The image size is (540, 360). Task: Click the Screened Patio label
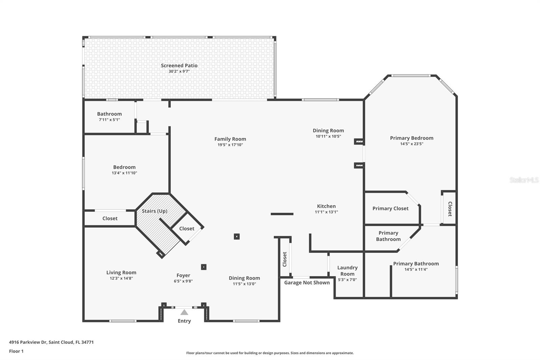click(x=179, y=66)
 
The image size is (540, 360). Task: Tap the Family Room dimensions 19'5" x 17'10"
click(x=230, y=145)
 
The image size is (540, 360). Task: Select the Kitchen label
click(x=326, y=206)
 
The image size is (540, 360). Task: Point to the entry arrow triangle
click(x=184, y=312)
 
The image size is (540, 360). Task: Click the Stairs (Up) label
click(x=154, y=211)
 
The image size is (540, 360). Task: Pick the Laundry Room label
click(x=347, y=271)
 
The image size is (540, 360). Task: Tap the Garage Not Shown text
click(x=307, y=283)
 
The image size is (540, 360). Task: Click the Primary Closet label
click(x=390, y=208)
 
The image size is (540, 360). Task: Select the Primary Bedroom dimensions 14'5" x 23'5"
click(x=411, y=144)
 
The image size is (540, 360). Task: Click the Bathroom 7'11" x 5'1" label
click(x=109, y=114)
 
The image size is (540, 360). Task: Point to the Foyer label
click(x=183, y=275)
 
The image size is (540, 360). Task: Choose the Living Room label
click(x=121, y=273)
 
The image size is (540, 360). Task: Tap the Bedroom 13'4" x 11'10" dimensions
click(x=124, y=173)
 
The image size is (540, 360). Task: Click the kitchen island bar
click(x=282, y=214)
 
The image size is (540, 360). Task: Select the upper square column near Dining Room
click(x=237, y=237)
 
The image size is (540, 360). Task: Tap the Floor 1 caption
click(x=16, y=351)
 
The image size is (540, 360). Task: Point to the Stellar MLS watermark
click(x=524, y=180)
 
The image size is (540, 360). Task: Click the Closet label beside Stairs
click(x=187, y=229)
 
